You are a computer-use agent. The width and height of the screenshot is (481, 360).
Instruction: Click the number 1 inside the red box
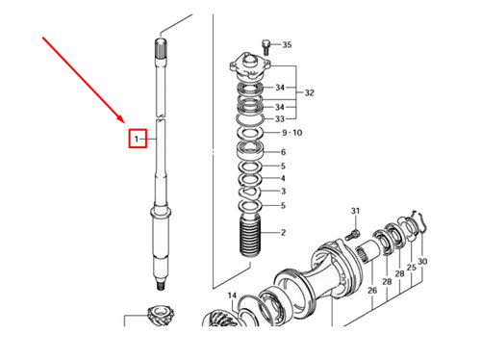[x=138, y=140]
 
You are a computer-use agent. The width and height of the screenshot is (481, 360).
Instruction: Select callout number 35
[x=286, y=44]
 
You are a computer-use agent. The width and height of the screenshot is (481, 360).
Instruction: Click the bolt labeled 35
[x=266, y=46]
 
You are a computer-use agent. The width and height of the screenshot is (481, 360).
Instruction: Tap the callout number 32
[x=310, y=93]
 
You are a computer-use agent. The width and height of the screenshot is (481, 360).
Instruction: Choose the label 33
[x=280, y=118]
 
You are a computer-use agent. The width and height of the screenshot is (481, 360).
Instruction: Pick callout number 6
[x=282, y=152]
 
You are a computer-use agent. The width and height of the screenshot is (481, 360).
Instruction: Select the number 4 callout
[x=282, y=178]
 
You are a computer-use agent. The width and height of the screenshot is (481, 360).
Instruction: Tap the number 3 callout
[x=282, y=192]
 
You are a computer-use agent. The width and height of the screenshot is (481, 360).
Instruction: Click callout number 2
[x=282, y=232]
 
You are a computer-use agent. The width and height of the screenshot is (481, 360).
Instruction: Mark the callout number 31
[x=354, y=211]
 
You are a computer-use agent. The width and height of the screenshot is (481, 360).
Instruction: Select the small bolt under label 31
[x=355, y=232]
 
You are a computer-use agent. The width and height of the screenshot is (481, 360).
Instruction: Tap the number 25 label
[x=410, y=269]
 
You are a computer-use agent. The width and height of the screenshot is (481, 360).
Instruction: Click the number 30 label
[x=422, y=261]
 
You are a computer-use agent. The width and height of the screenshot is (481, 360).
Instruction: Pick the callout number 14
[x=232, y=296]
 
